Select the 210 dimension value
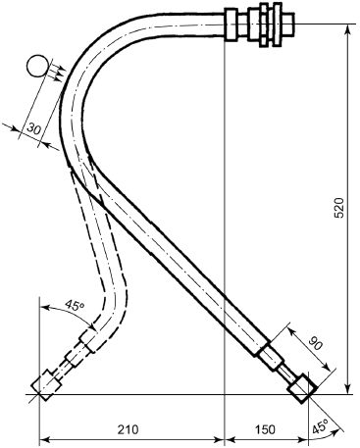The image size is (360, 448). [128, 429]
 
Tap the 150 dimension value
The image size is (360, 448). [265, 429]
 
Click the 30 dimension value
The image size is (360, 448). [33, 129]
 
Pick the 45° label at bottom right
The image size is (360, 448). [321, 427]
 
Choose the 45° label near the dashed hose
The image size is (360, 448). [75, 305]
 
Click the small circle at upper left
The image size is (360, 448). [36, 66]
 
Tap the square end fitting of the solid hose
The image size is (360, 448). [301, 387]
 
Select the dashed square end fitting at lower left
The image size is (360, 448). [46, 385]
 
